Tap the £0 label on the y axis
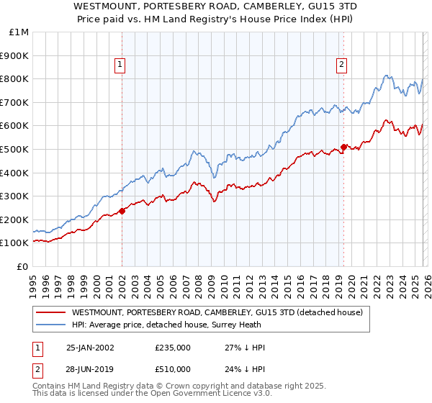pyautogui.click(x=23, y=266)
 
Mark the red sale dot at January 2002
pyautogui.click(x=122, y=211)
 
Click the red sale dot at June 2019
pyautogui.click(x=344, y=147)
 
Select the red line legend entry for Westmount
pyautogui.click(x=221, y=312)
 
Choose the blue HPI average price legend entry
pyautogui.click(x=175, y=325)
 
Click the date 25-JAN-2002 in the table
pyautogui.click(x=90, y=348)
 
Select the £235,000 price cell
pyautogui.click(x=173, y=348)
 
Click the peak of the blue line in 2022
pyautogui.click(x=387, y=75)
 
